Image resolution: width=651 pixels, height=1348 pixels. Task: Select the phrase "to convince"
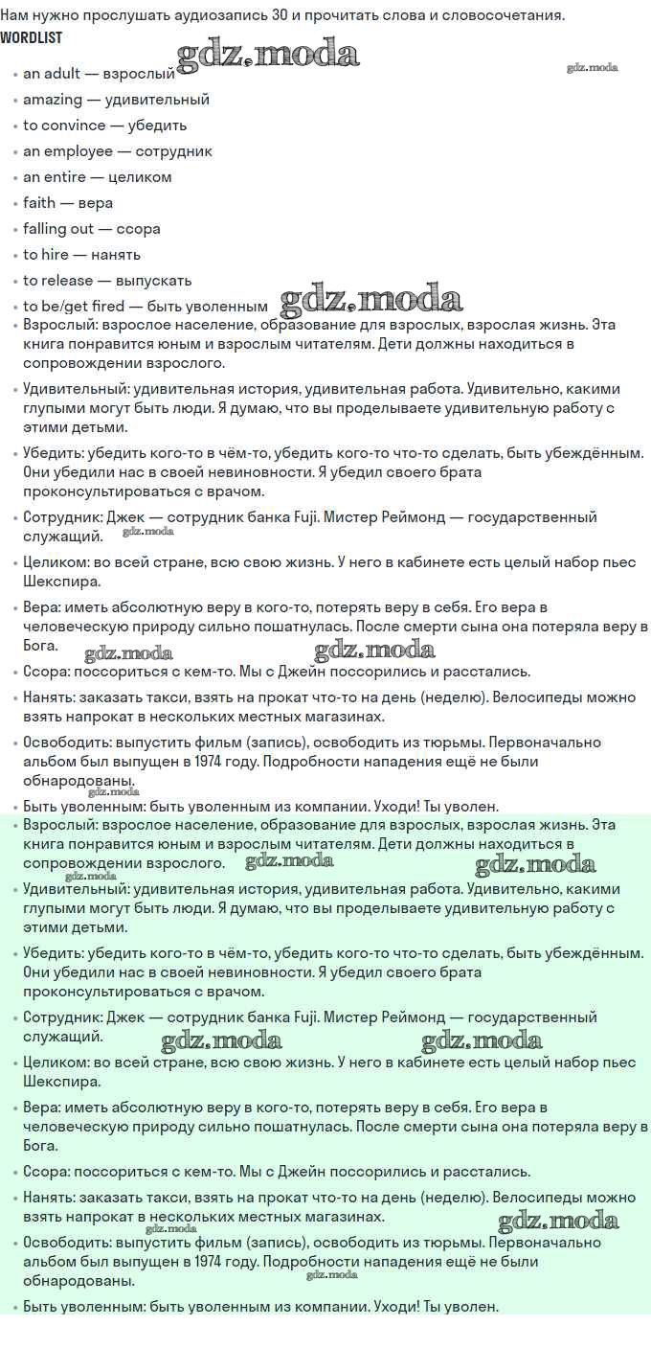[x=64, y=126]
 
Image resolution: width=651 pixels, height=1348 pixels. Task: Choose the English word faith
[x=39, y=203]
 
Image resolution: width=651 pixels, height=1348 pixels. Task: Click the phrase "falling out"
[x=58, y=229]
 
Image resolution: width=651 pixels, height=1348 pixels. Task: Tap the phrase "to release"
[x=58, y=281]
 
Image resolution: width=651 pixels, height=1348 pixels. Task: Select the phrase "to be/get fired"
[x=74, y=307]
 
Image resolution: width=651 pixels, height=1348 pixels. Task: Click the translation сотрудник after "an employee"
[x=174, y=151]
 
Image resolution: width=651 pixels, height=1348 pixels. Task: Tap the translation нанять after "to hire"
[x=116, y=255]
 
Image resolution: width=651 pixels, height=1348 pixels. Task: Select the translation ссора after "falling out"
[x=139, y=229]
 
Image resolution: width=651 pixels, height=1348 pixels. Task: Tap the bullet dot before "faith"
[x=14, y=204]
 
